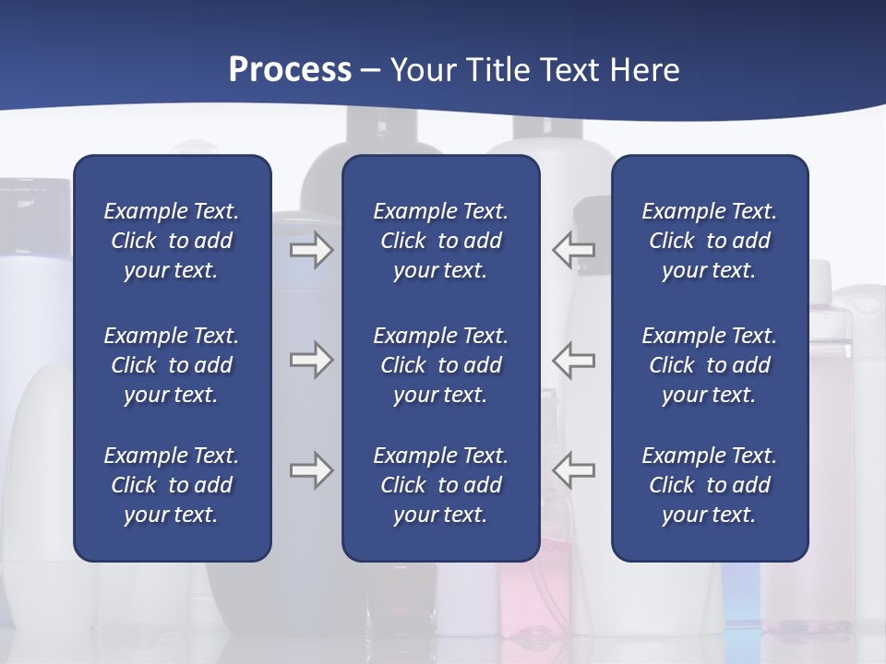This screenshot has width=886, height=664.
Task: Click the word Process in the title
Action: pyautogui.click(x=290, y=70)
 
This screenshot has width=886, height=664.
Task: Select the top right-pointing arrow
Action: pyautogui.click(x=311, y=250)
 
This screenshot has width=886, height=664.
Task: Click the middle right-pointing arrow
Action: pyautogui.click(x=311, y=360)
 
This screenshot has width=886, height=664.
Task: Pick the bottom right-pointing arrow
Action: pyautogui.click(x=311, y=470)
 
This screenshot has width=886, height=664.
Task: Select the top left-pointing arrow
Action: pyautogui.click(x=574, y=250)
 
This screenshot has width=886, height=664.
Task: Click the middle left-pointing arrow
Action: pyautogui.click(x=574, y=360)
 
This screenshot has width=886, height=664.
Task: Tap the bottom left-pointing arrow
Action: pyautogui.click(x=574, y=470)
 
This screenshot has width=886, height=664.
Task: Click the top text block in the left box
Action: pyautogui.click(x=172, y=241)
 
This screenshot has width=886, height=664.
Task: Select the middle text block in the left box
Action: pyautogui.click(x=172, y=365)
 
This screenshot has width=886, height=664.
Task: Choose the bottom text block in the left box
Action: pyautogui.click(x=172, y=485)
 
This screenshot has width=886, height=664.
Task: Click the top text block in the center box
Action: pyautogui.click(x=440, y=241)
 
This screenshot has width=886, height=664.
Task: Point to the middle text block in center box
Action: pyautogui.click(x=440, y=365)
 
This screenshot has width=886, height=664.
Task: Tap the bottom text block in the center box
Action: pyautogui.click(x=440, y=485)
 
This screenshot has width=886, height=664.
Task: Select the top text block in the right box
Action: pyautogui.click(x=709, y=241)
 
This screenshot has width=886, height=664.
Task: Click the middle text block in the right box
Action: pyautogui.click(x=709, y=365)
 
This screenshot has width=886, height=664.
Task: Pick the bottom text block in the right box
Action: pyautogui.click(x=709, y=485)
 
